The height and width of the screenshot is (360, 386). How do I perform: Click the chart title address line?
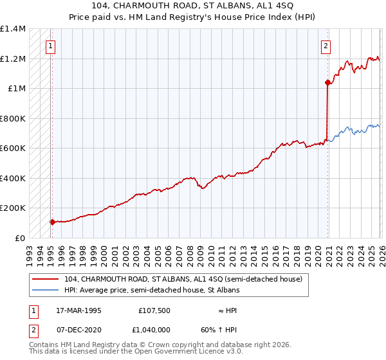(193, 6)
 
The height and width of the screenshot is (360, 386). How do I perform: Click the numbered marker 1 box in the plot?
(50, 46)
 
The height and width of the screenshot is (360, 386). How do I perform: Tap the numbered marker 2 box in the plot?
(326, 46)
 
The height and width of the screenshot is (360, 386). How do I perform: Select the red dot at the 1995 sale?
(52, 222)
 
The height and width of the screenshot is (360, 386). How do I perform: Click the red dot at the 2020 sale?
(327, 82)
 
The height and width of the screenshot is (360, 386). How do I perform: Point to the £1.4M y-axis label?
(13, 29)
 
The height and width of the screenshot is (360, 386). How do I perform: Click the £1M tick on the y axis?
(16, 89)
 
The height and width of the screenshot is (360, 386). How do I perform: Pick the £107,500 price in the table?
(155, 310)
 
